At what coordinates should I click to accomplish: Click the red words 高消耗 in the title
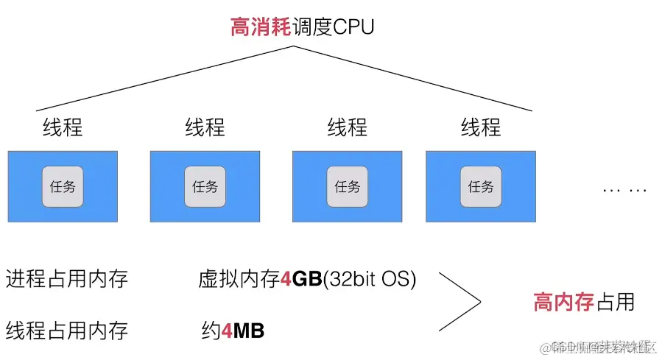257,29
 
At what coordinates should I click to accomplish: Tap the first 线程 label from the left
63,127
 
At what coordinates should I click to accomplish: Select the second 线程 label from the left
205,127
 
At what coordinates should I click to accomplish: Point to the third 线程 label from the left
347,127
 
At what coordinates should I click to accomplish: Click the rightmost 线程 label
481,127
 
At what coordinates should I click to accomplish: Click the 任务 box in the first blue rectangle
63,186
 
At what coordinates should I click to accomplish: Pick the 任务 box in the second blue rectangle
205,186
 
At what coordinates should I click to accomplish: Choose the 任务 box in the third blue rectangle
347,186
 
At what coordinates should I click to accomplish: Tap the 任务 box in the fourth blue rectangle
481,186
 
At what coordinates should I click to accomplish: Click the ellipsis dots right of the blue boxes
624,190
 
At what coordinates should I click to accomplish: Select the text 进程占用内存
67,279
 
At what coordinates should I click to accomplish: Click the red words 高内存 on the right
563,302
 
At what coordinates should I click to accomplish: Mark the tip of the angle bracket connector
480,301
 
